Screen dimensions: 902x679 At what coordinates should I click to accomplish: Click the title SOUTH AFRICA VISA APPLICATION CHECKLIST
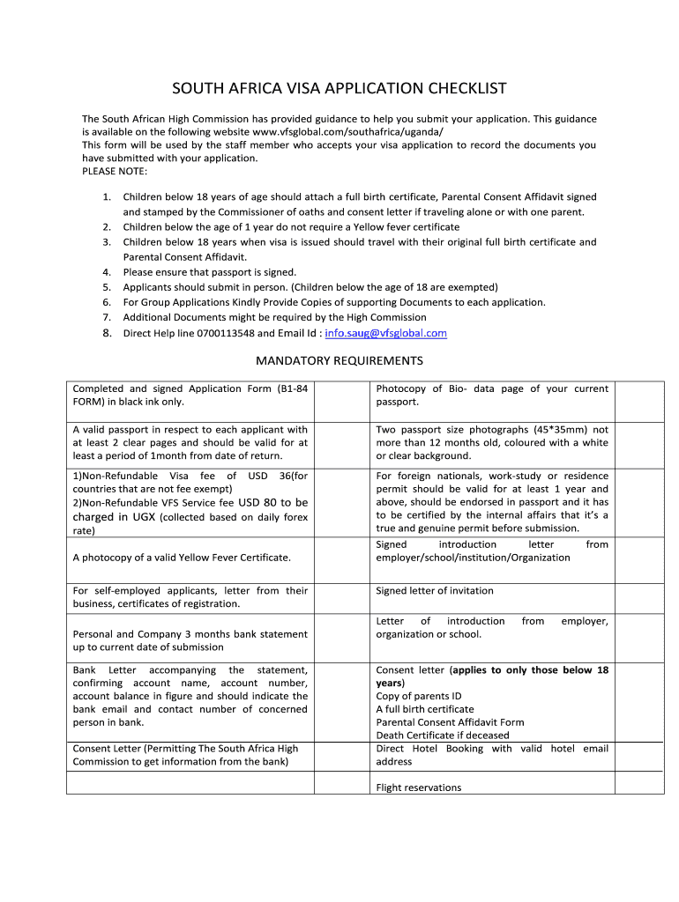click(339, 89)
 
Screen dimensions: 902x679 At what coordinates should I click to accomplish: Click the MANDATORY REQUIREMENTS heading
click(339, 360)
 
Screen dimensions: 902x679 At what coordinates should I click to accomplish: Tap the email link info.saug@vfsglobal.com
click(386, 333)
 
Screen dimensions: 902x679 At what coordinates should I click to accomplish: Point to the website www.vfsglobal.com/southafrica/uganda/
click(346, 131)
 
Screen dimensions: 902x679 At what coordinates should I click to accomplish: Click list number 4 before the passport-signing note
click(106, 272)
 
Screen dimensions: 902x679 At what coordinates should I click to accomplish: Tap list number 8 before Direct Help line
click(106, 333)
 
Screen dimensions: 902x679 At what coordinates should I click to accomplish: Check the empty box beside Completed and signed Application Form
click(343, 401)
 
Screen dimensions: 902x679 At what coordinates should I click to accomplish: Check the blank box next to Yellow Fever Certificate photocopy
click(343, 558)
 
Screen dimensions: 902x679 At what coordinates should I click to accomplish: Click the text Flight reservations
click(419, 787)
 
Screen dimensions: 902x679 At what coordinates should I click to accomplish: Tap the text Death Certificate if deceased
click(443, 735)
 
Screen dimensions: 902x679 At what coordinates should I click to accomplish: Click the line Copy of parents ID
click(419, 696)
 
